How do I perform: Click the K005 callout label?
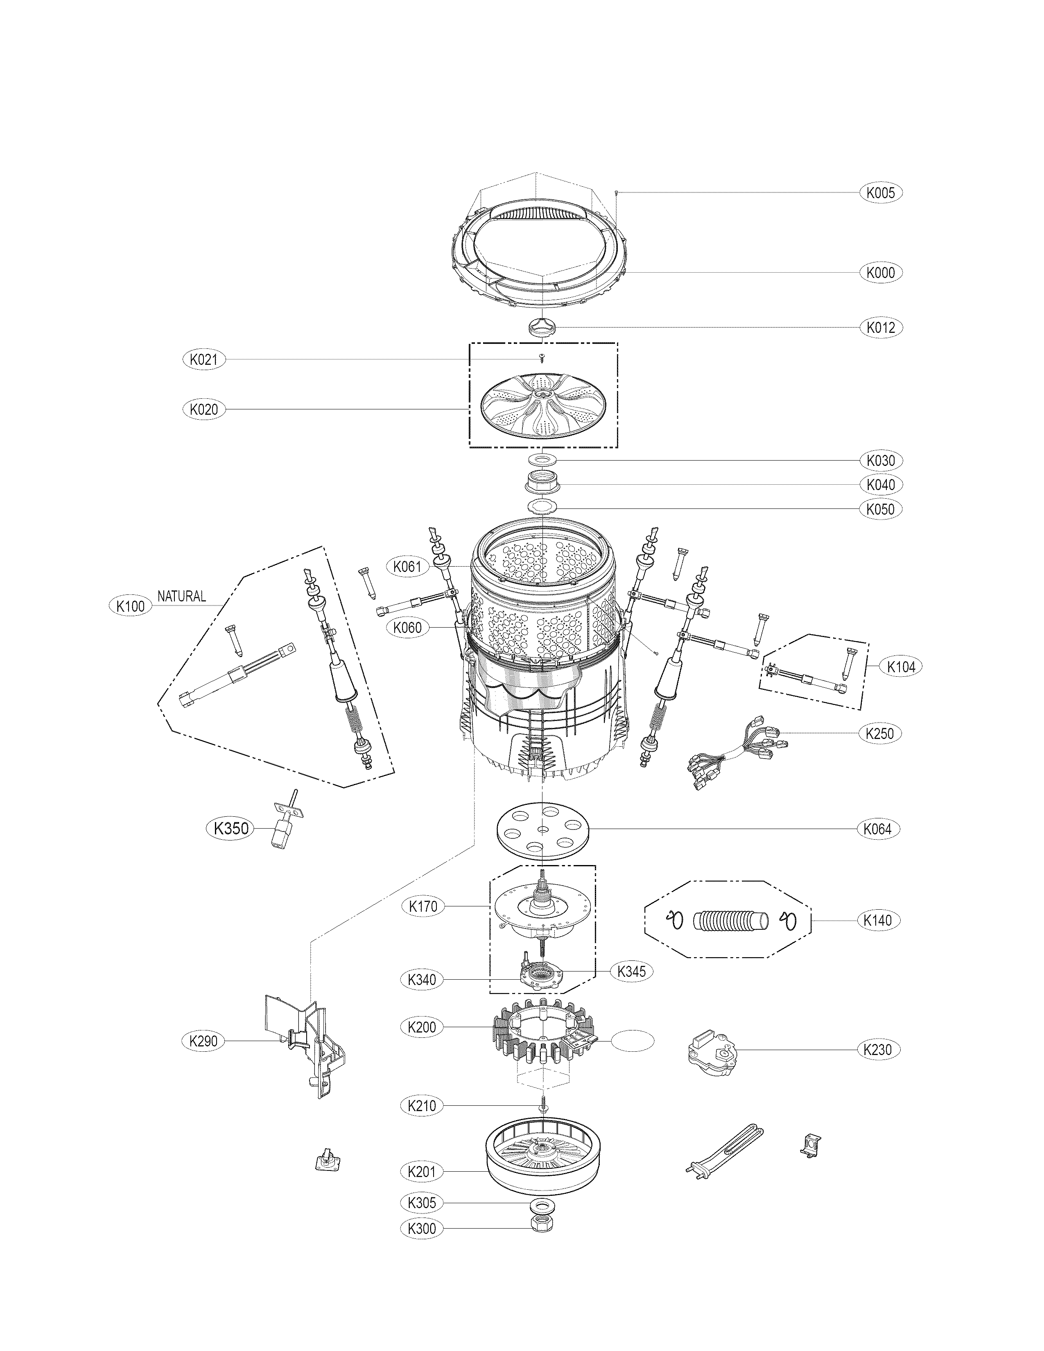tap(881, 192)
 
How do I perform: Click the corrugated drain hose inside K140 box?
tap(730, 921)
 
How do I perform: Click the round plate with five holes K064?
tap(542, 828)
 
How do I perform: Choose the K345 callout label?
tap(631, 971)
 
